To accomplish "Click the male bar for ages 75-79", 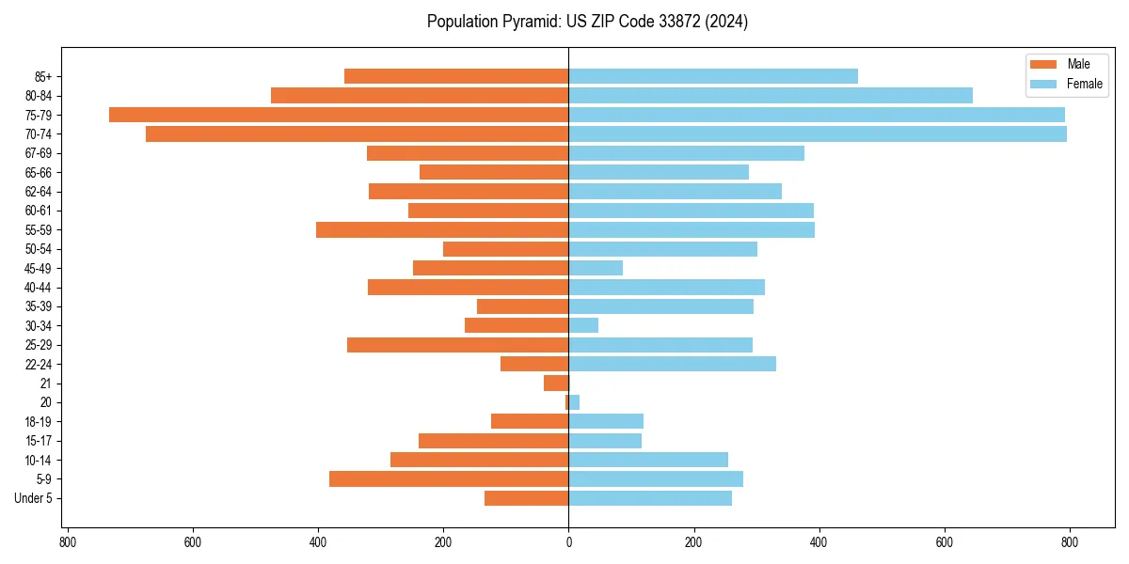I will pyautogui.click(x=339, y=115).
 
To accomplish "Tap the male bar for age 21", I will pyautogui.click(x=556, y=384).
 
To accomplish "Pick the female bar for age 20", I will pyautogui.click(x=574, y=402).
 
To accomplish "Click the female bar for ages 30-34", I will pyautogui.click(x=583, y=325).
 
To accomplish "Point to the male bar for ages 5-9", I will pyautogui.click(x=449, y=479).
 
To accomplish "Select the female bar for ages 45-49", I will pyautogui.click(x=596, y=268).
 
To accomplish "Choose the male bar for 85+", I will pyautogui.click(x=456, y=76).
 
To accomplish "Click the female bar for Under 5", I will pyautogui.click(x=650, y=498).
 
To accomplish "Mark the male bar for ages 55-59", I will pyautogui.click(x=442, y=229).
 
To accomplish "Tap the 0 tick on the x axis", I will pyautogui.click(x=568, y=542).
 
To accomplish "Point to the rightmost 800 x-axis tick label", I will pyautogui.click(x=1069, y=542).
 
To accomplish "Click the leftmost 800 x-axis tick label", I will pyautogui.click(x=68, y=542).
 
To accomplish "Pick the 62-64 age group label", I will pyautogui.click(x=39, y=192).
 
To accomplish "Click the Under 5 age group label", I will pyautogui.click(x=33, y=498).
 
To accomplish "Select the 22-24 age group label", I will pyautogui.click(x=39, y=364).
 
